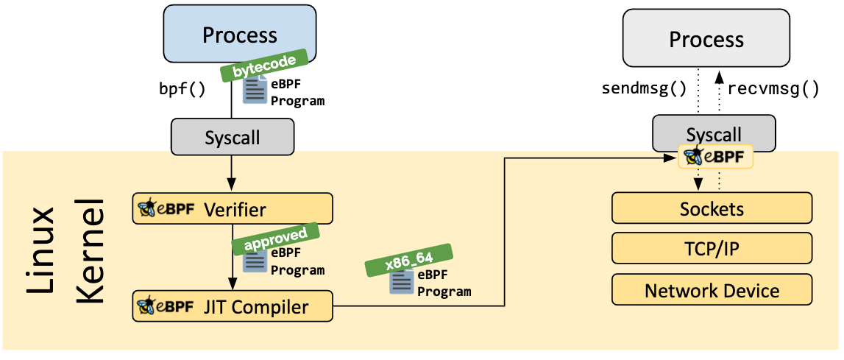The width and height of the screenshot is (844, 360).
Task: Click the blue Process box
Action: click(x=240, y=35)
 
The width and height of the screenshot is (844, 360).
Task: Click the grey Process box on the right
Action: click(x=706, y=40)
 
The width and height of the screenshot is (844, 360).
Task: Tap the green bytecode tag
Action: click(x=263, y=68)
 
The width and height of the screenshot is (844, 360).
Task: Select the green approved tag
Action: click(x=275, y=237)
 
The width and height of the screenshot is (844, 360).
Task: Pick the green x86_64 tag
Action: click(x=409, y=259)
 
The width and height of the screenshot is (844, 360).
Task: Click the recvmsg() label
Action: click(x=773, y=90)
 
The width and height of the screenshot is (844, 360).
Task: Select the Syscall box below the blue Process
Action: click(x=232, y=137)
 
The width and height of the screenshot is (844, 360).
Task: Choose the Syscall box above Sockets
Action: click(x=714, y=133)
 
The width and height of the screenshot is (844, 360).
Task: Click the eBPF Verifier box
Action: click(x=233, y=210)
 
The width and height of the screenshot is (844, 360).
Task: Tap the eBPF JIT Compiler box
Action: click(x=233, y=306)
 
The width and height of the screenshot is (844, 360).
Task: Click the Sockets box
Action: click(x=712, y=209)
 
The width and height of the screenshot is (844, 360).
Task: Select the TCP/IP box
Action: click(x=712, y=250)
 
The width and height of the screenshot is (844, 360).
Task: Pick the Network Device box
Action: click(x=712, y=290)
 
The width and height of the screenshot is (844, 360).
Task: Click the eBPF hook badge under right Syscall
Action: click(x=715, y=157)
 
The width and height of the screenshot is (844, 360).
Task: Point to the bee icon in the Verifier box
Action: click(x=147, y=209)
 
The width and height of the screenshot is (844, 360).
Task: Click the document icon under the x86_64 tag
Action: click(x=401, y=283)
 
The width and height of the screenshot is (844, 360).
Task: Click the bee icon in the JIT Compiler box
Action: click(x=147, y=306)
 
